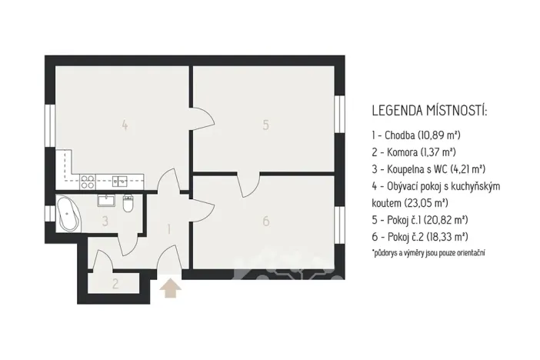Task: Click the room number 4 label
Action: point(124,124)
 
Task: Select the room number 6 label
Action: point(265,222)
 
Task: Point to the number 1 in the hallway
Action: point(168,228)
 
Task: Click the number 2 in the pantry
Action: point(115,283)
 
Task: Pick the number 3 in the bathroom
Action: point(106,222)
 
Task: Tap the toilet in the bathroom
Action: point(128,204)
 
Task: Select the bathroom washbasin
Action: point(107,202)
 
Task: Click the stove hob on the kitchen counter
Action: point(88,182)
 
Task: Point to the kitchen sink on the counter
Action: point(120,182)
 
